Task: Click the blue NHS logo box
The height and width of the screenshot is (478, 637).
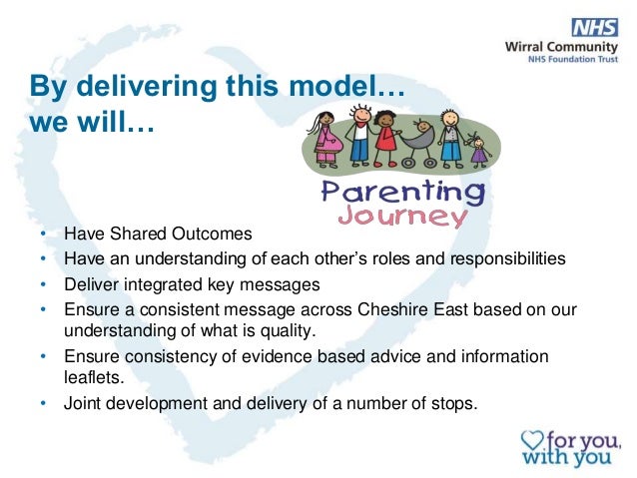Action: pos(595,28)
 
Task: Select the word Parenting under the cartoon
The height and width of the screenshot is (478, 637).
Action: pos(403,192)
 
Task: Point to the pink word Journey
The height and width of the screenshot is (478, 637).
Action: pos(402,217)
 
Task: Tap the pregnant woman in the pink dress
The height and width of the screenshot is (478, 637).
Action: pos(325,140)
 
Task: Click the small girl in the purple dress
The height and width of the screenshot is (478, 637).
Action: pos(479,151)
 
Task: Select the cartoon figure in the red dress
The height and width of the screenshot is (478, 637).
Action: pos(384,138)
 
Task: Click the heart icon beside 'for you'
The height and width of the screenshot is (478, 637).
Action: pos(532,440)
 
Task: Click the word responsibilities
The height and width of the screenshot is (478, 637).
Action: pos(508,258)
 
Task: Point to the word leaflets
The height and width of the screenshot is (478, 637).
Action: pos(94,377)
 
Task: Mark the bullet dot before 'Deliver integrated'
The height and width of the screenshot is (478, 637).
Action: pos(44,284)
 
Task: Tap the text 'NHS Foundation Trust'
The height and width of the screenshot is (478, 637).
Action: pos(573,59)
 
